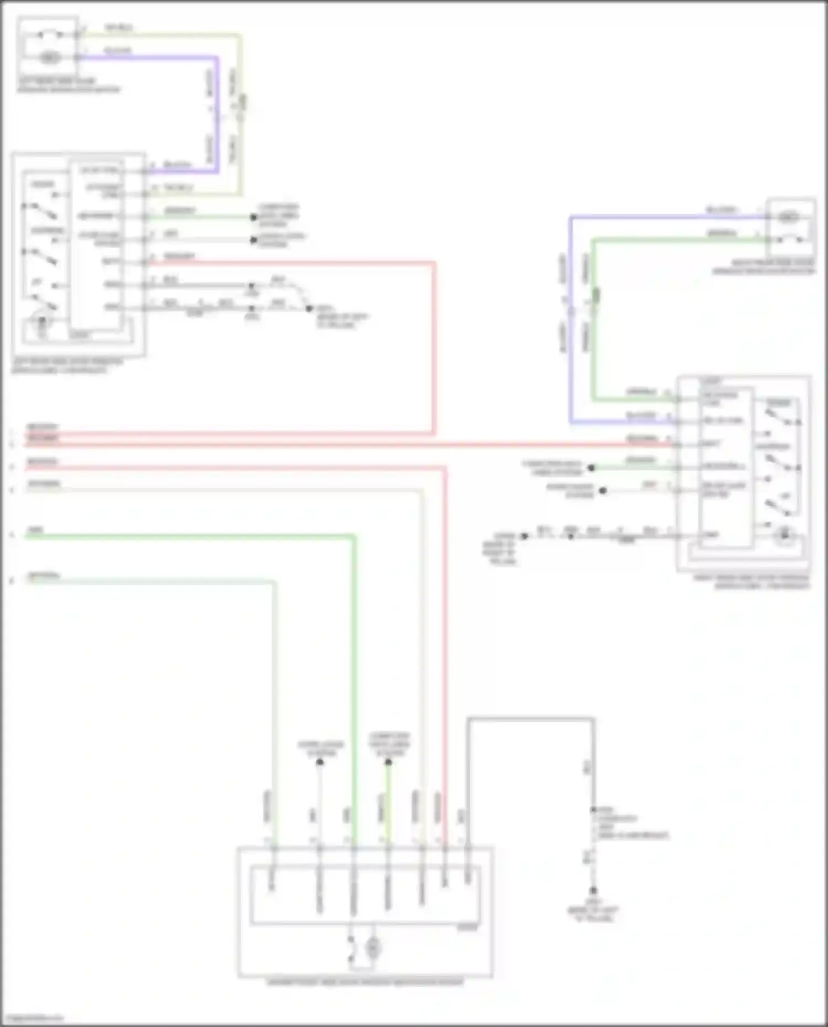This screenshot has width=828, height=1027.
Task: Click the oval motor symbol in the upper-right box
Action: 788,217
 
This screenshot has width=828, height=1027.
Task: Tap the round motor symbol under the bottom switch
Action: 373,948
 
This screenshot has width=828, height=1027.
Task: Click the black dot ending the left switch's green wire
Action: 253,217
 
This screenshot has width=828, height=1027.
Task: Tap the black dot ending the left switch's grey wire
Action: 253,240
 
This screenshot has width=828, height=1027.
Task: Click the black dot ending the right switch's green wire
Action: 591,468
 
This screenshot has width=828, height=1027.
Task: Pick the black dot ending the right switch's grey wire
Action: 603,491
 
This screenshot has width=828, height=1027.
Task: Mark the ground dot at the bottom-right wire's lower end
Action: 593,891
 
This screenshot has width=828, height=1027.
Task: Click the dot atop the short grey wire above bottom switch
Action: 320,762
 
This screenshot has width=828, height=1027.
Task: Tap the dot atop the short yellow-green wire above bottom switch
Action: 388,762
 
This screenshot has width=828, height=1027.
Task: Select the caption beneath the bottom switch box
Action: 365,982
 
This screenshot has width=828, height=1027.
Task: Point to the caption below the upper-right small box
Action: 763,267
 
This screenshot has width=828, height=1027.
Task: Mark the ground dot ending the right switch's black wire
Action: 524,536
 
